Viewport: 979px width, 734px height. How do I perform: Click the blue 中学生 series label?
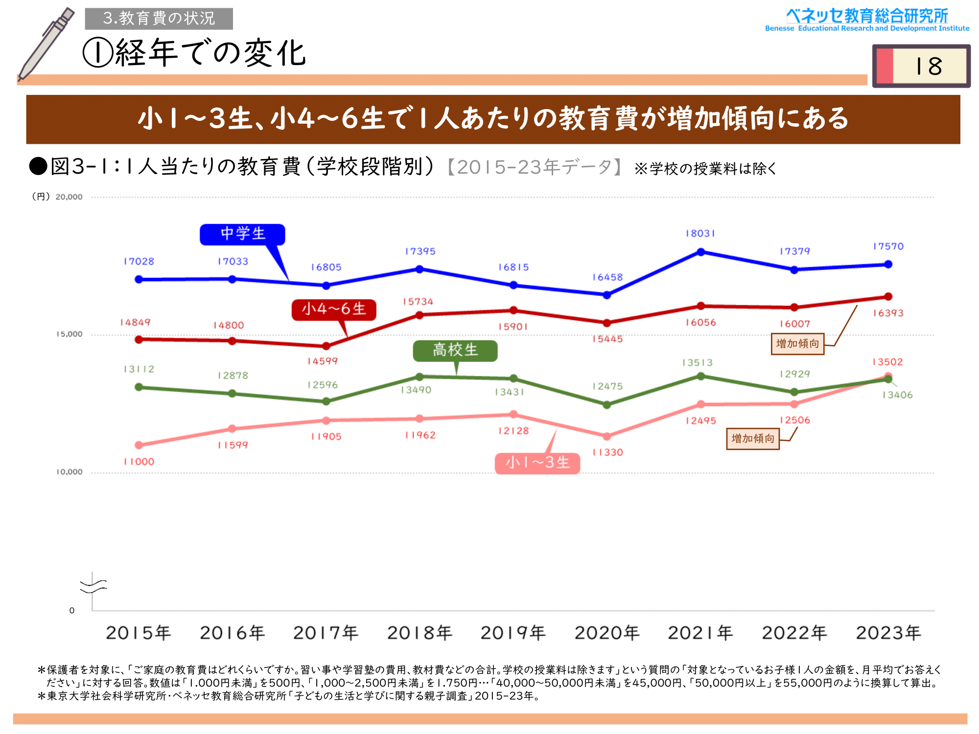pos(242,234)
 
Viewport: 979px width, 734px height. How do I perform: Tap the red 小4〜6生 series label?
pos(334,309)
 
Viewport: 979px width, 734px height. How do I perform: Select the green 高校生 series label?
pos(455,350)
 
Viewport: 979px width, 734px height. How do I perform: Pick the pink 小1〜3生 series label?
pos(537,463)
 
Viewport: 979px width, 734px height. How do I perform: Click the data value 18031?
pos(700,233)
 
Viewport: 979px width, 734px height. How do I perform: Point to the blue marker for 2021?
pos(700,252)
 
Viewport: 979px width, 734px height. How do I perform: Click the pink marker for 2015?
pos(139,445)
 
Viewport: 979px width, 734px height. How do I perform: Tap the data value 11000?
pos(139,461)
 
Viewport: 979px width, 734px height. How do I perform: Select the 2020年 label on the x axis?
pos(607,633)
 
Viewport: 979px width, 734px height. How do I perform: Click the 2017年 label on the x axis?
pos(326,633)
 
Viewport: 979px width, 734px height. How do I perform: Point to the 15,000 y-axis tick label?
pos(70,334)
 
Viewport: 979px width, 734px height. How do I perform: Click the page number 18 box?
pos(921,66)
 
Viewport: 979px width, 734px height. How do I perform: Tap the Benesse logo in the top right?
pos(867,20)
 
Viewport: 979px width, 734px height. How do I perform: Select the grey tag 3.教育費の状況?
pos(159,19)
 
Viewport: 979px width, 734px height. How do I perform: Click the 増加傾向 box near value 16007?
pos(797,344)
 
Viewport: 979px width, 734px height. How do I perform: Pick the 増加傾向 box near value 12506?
pos(752,438)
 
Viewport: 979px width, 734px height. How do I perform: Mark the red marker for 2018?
pos(420,315)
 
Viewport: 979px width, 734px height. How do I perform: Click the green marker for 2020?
pos(607,405)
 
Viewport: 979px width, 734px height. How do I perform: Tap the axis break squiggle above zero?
pos(93,585)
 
